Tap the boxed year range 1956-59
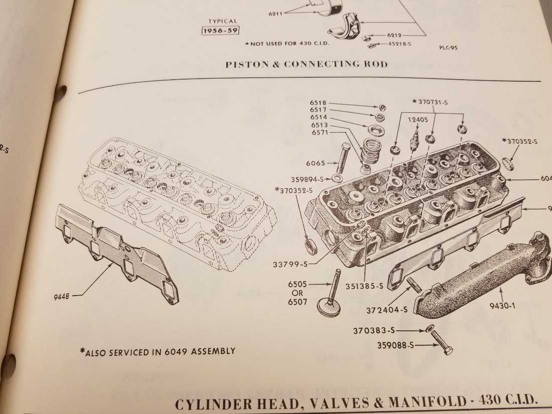[219, 31]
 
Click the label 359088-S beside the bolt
[397, 345]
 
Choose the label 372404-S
[386, 310]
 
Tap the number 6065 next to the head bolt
[318, 163]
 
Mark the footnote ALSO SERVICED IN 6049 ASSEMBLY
[157, 351]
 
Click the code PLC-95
[450, 49]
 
